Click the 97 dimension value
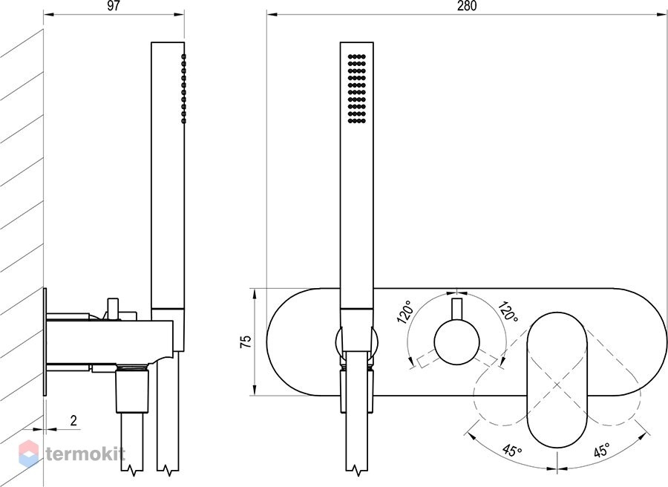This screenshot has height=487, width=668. pyautogui.click(x=114, y=6)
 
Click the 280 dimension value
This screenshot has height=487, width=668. pyautogui.click(x=467, y=6)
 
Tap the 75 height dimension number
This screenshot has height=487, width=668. pyautogui.click(x=246, y=341)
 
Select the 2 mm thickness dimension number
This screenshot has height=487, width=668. pyautogui.click(x=73, y=421)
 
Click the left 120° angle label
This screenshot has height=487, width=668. pyautogui.click(x=405, y=313)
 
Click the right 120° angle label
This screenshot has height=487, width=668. pyautogui.click(x=508, y=312)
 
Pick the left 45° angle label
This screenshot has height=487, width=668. pyautogui.click(x=512, y=450)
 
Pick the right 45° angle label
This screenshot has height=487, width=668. pyautogui.click(x=601, y=450)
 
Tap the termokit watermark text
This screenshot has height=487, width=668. pyautogui.click(x=85, y=454)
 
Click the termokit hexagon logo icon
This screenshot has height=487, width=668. pyautogui.click(x=29, y=454)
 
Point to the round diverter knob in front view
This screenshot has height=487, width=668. pyautogui.click(x=456, y=342)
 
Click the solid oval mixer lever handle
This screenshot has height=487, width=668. pyautogui.click(x=557, y=380)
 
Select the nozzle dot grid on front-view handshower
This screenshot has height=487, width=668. pyautogui.click(x=357, y=88)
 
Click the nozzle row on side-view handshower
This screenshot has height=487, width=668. pyautogui.click(x=183, y=88)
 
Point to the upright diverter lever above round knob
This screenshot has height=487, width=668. pyautogui.click(x=456, y=309)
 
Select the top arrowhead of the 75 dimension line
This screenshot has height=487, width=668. pyautogui.click(x=255, y=294)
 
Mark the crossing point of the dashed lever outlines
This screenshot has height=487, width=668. pyautogui.click(x=557, y=385)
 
